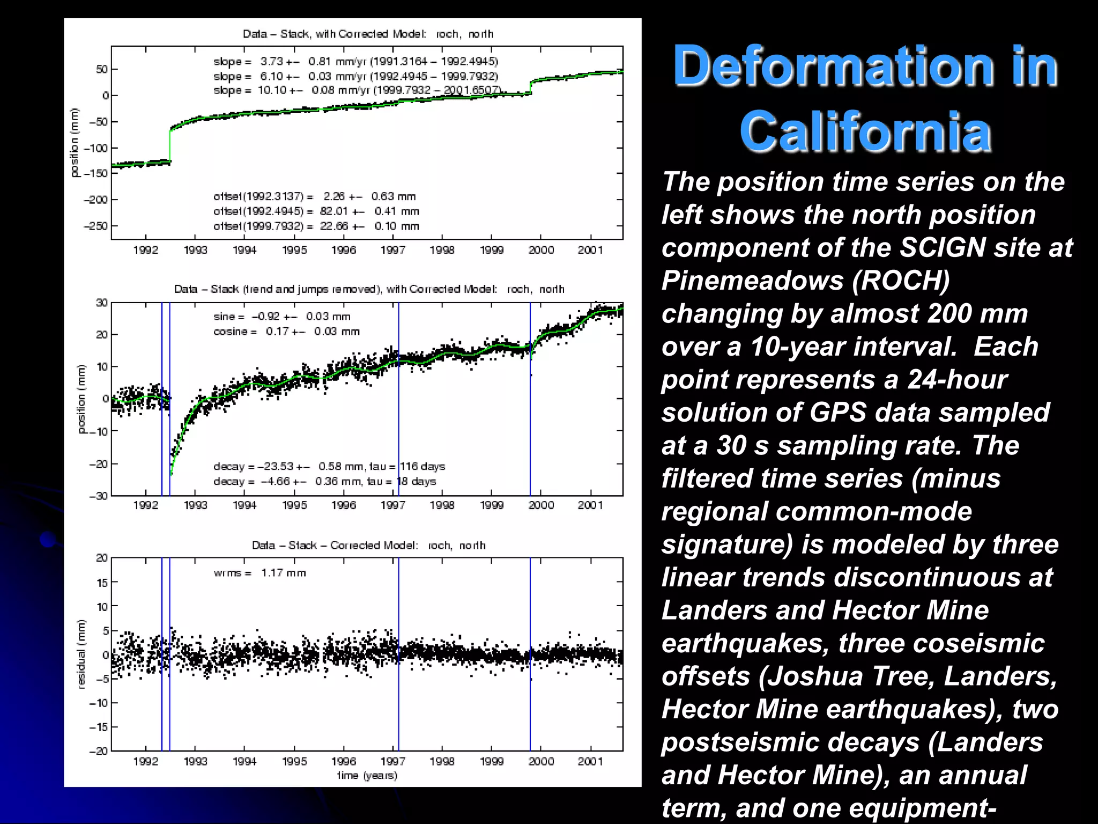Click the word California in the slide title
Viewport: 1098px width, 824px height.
(x=865, y=131)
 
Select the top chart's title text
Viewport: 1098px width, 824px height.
(x=368, y=34)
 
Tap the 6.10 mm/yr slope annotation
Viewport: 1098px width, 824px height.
(x=355, y=76)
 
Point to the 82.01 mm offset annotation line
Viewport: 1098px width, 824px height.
(x=316, y=211)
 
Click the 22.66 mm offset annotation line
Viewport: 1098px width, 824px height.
(x=316, y=226)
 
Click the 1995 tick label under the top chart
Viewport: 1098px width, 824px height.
(x=294, y=250)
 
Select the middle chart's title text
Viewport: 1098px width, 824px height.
(x=369, y=289)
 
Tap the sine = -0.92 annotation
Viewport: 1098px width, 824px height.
(x=281, y=317)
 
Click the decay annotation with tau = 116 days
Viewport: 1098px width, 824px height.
(x=329, y=466)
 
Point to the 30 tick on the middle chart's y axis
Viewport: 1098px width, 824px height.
(x=101, y=303)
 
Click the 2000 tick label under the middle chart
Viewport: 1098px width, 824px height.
(x=541, y=505)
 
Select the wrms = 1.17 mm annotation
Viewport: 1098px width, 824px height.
(x=259, y=573)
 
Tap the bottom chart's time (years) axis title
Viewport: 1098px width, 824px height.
(x=367, y=775)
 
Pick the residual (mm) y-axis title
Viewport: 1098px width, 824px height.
(x=81, y=654)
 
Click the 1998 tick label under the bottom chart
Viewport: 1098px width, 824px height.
(x=442, y=761)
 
